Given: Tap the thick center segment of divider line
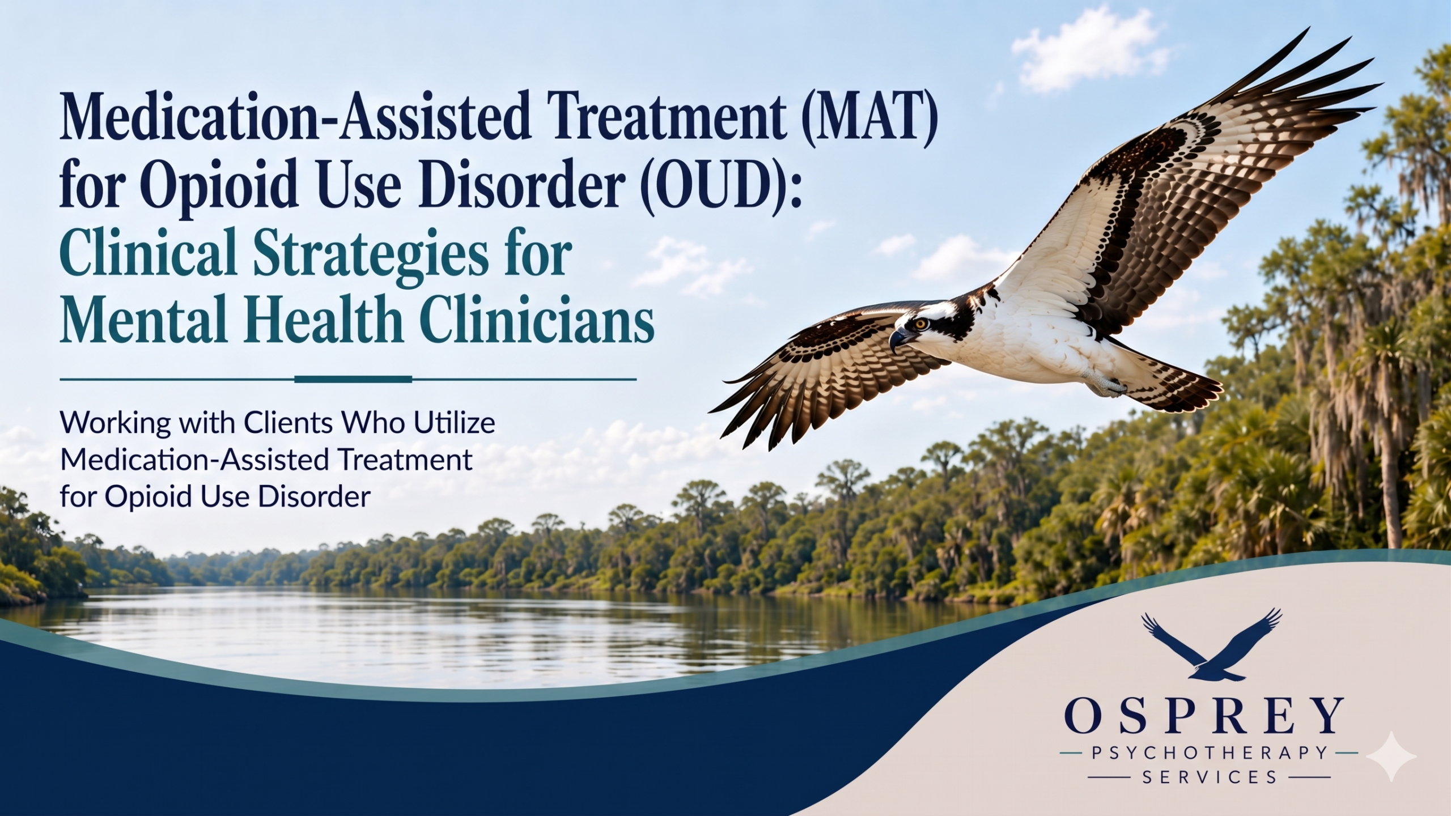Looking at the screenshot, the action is tap(354, 379).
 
